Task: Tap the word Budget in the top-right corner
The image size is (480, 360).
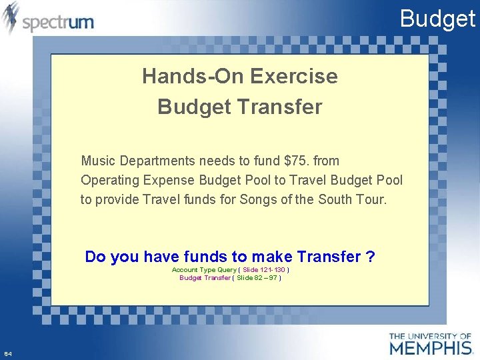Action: tap(437, 19)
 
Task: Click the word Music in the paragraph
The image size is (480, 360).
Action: tap(97, 161)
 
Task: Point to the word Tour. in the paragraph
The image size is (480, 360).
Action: tap(370, 199)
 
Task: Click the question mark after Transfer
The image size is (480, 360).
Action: tap(371, 257)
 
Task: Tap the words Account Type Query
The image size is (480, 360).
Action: tap(204, 270)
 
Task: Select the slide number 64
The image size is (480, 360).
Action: tap(7, 353)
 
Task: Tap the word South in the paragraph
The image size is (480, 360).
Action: tap(333, 199)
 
